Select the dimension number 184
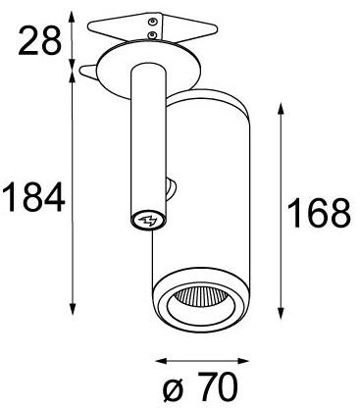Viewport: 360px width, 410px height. (33, 199)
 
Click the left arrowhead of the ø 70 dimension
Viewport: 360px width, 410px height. (154, 360)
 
